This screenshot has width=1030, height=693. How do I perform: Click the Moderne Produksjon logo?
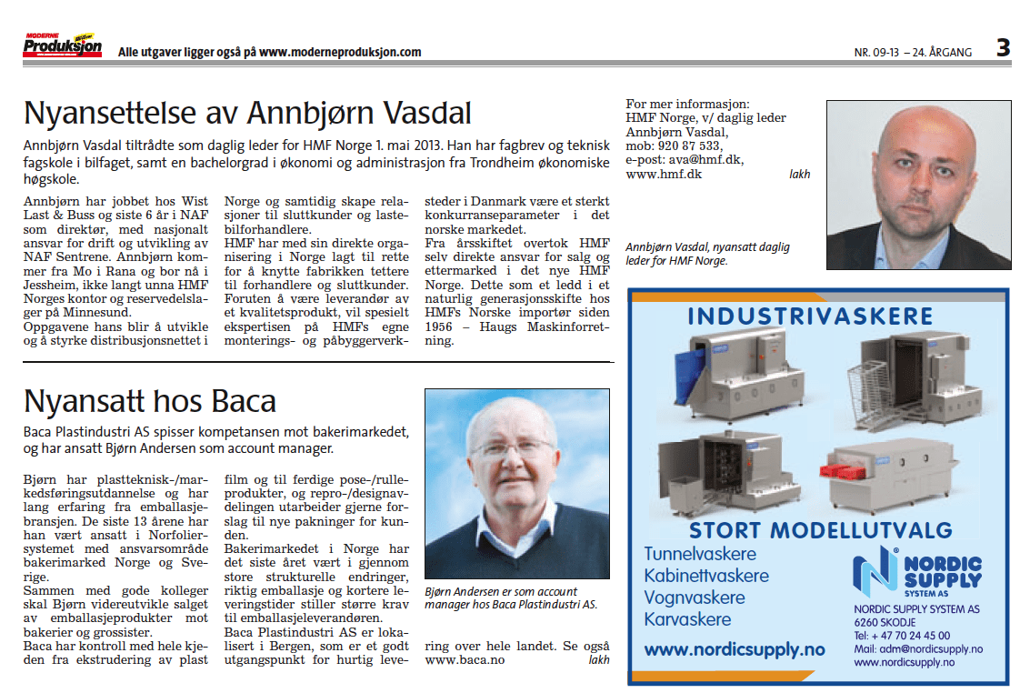[x=62, y=46]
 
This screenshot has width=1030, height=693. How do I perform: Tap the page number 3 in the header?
[x=1002, y=47]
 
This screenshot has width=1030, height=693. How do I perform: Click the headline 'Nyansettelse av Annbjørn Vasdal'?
[x=247, y=113]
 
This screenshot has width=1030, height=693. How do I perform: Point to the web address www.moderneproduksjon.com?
[x=340, y=52]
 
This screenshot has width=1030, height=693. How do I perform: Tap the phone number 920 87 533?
[x=689, y=146]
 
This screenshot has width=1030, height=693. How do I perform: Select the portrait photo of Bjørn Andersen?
[x=512, y=483]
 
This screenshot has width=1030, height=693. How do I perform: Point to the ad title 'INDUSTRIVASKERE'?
[x=810, y=316]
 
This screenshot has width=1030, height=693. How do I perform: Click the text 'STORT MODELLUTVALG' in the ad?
[x=820, y=529]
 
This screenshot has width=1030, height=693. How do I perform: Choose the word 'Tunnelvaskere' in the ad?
[x=700, y=554]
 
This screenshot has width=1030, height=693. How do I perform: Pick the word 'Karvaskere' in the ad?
[x=687, y=620]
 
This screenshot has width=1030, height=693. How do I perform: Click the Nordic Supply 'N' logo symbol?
[x=874, y=572]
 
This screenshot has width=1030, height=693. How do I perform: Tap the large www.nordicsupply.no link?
[x=735, y=650]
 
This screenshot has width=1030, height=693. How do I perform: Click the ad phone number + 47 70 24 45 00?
[x=902, y=636]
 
